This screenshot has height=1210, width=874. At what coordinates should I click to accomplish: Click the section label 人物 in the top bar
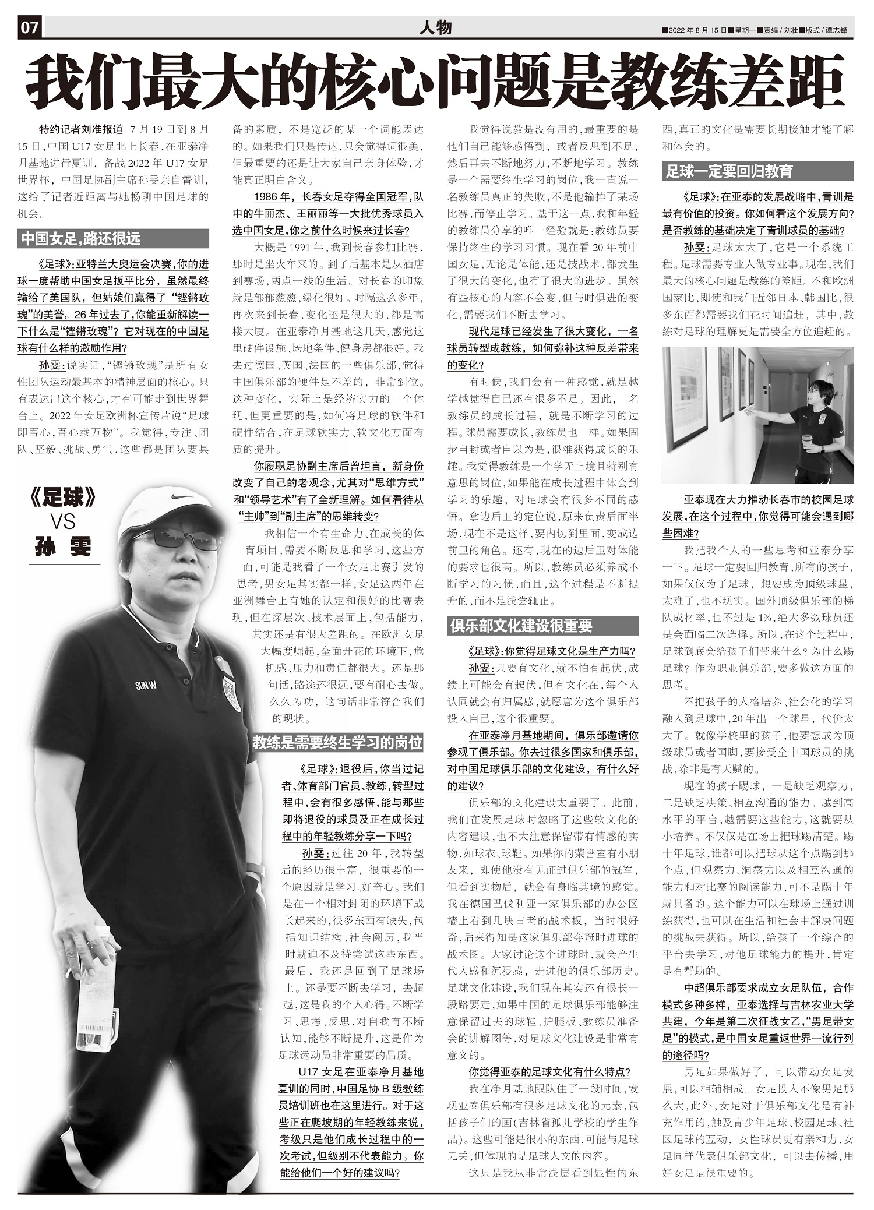[435, 28]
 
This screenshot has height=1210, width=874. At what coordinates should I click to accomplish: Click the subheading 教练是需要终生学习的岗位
[337, 743]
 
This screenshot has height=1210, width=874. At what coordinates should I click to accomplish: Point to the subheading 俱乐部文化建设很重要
[521, 626]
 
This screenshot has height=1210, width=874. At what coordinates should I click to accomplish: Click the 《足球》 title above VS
[62, 499]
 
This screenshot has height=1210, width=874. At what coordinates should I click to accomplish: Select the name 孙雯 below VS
[63, 547]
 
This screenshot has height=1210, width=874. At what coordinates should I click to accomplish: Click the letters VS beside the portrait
[62, 522]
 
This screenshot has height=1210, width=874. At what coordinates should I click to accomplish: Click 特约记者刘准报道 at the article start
[81, 129]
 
